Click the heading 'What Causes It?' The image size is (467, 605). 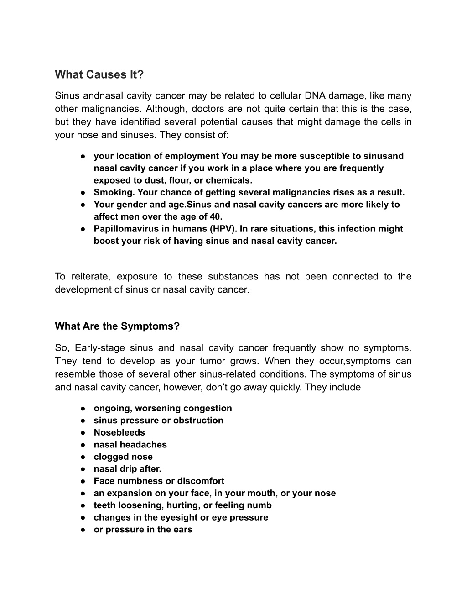(99, 74)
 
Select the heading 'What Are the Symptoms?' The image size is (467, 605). (117, 326)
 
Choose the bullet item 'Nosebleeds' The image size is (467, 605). (119, 432)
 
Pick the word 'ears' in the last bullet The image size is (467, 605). (182, 530)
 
